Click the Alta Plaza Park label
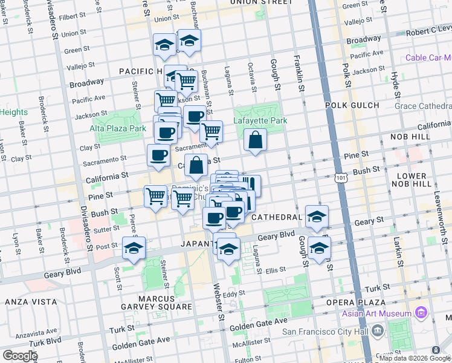pyautogui.click(x=118, y=129)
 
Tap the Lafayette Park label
pyautogui.click(x=260, y=120)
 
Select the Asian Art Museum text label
pyautogui.click(x=376, y=313)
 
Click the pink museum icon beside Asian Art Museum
pyautogui.click(x=422, y=313)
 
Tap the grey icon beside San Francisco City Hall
pyautogui.click(x=378, y=331)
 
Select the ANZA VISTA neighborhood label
pyautogui.click(x=31, y=301)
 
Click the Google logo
pyautogui.click(x=20, y=356)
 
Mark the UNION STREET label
pyautogui.click(x=262, y=2)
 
